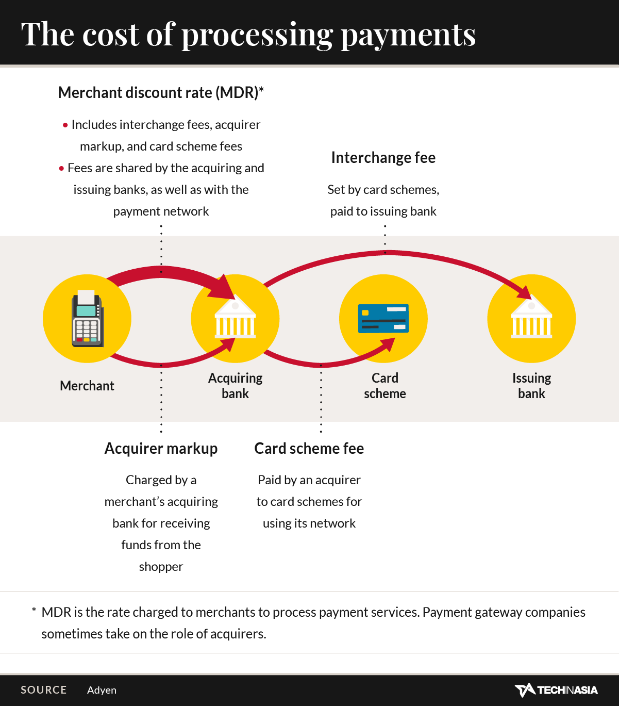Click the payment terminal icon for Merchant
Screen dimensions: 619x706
coord(88,318)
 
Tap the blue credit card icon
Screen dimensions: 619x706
coord(383,318)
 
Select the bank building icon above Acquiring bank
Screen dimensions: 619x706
coord(235,317)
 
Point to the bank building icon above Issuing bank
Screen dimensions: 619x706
coord(531,317)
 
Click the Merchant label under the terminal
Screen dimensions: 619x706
coord(87,386)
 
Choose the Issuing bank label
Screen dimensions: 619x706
coord(531,386)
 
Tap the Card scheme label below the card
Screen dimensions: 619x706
coord(385,386)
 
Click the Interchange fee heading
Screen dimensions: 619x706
coord(383,158)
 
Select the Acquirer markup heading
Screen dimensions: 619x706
coord(161,449)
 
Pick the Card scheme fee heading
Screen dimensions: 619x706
coord(309,449)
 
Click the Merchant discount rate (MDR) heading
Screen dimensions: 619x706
coord(161,93)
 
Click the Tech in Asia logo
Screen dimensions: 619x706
coord(556,690)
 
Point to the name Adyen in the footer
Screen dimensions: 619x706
coord(102,691)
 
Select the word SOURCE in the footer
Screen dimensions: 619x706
coord(43,690)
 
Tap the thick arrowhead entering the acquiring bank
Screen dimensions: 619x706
coord(222,288)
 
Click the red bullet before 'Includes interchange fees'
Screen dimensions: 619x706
coord(65,125)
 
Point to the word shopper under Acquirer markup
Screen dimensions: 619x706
coord(161,567)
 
